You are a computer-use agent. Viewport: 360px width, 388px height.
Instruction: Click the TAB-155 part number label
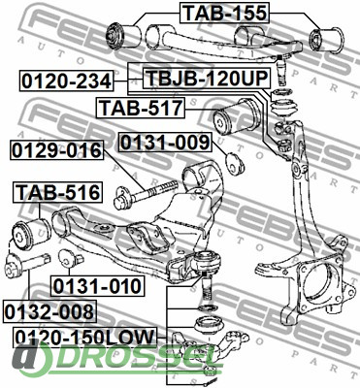pyautogui.click(x=224, y=13)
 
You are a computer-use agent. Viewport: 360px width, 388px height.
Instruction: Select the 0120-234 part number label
pyautogui.click(x=67, y=81)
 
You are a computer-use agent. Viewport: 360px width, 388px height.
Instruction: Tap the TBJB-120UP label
pyautogui.click(x=207, y=78)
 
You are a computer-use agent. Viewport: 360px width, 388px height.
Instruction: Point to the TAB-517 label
pyautogui.click(x=141, y=108)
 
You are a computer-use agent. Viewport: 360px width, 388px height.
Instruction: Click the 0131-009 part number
pyautogui.click(x=165, y=142)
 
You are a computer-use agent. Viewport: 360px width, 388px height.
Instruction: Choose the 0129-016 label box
pyautogui.click(x=57, y=150)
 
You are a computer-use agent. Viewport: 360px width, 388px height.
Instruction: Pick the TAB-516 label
pyautogui.click(x=57, y=192)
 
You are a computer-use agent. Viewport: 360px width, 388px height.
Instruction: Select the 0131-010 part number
pyautogui.click(x=97, y=286)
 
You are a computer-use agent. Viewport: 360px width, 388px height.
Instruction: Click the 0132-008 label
pyautogui.click(x=49, y=311)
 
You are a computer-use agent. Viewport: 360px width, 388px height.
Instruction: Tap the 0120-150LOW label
pyautogui.click(x=84, y=338)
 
